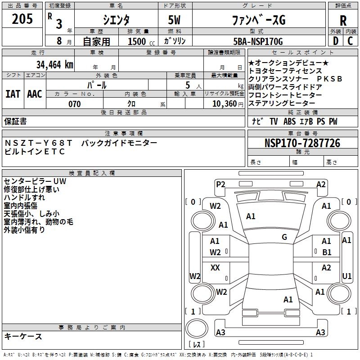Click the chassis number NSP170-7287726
coord(302,144)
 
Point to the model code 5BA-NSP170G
coord(257,42)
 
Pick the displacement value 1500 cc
coord(139,42)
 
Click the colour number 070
coord(75,104)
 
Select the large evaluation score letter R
coord(343,21)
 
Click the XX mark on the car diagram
coord(215,268)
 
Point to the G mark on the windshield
coord(284,237)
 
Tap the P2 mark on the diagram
coord(220,184)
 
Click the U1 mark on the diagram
coord(347,275)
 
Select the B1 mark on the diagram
coord(327,252)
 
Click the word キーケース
coord(23,337)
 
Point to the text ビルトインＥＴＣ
coord(35,152)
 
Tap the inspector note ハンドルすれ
coord(24,198)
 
